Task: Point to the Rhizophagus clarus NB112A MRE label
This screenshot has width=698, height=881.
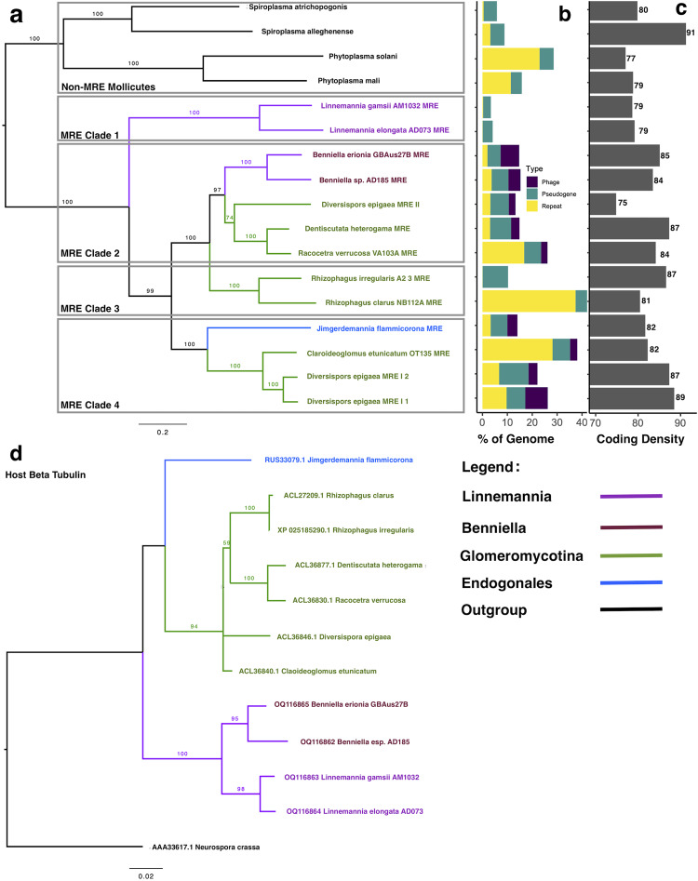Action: tap(383, 302)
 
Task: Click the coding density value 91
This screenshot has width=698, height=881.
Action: tap(691, 33)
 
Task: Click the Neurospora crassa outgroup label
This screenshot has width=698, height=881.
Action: tap(207, 848)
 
